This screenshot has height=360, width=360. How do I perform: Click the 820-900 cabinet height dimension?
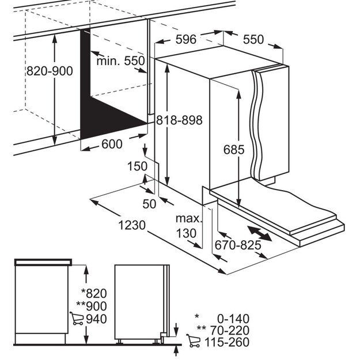[50, 71]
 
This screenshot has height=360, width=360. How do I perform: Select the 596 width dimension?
[186, 40]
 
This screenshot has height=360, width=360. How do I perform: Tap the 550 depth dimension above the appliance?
[253, 40]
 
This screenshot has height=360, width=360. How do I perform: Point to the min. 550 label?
[120, 61]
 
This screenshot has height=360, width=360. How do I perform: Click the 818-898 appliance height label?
[179, 120]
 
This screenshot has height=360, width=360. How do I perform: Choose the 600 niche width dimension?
[112, 144]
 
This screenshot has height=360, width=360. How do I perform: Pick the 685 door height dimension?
[234, 150]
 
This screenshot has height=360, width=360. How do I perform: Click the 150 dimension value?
[137, 166]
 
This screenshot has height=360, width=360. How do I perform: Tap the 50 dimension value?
[149, 204]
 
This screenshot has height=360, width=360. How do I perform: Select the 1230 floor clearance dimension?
[132, 225]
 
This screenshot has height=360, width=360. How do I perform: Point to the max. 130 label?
[188, 226]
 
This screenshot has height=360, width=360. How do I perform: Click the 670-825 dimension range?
[238, 245]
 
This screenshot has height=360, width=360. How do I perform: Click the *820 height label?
[94, 294]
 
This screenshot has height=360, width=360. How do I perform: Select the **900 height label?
[92, 306]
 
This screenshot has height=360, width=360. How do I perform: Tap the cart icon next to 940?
[77, 319]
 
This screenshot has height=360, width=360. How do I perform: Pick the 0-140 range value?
[233, 319]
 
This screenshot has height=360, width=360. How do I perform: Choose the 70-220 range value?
[230, 331]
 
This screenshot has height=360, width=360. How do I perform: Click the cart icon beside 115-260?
[194, 341]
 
